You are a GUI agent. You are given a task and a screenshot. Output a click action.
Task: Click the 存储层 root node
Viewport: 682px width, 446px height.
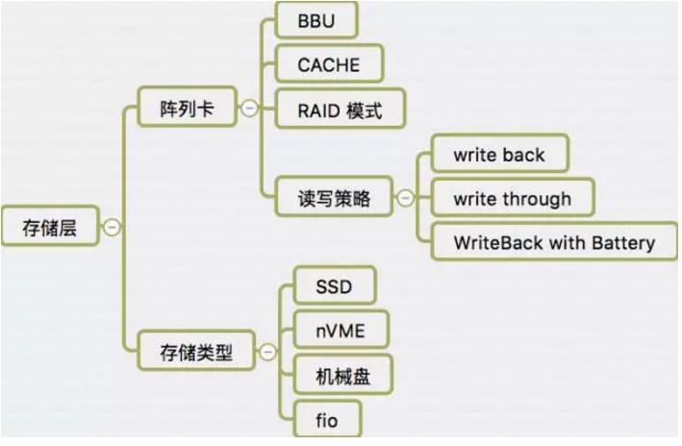point(49,228)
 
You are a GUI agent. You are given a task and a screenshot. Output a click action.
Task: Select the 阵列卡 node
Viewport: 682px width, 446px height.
point(186,109)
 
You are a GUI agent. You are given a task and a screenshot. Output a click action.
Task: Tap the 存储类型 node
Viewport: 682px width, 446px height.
point(195,352)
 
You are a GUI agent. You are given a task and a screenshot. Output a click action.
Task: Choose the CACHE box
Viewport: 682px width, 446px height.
point(329,64)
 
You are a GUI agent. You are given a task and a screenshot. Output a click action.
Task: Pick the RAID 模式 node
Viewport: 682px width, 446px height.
point(340,110)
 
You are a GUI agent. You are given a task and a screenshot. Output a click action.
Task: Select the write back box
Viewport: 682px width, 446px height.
point(498,154)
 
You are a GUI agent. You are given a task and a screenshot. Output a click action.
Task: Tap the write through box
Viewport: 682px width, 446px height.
point(512,199)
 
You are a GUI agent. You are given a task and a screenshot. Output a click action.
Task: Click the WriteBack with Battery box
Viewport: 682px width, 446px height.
point(553,242)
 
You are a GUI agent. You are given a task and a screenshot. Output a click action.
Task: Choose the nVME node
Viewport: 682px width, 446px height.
point(340,332)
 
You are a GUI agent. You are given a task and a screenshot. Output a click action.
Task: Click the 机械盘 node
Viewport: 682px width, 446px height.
point(341,375)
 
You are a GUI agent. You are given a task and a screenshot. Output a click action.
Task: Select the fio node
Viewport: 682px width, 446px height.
point(326,419)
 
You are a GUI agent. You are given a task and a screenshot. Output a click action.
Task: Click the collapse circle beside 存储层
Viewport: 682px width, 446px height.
point(113,228)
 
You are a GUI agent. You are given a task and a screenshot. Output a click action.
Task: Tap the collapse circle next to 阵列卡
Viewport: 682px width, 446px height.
point(249,109)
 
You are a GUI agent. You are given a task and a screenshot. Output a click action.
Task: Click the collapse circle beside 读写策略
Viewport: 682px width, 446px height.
point(405,198)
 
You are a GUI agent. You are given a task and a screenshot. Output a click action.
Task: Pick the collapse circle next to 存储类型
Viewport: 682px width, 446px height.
point(267,352)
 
